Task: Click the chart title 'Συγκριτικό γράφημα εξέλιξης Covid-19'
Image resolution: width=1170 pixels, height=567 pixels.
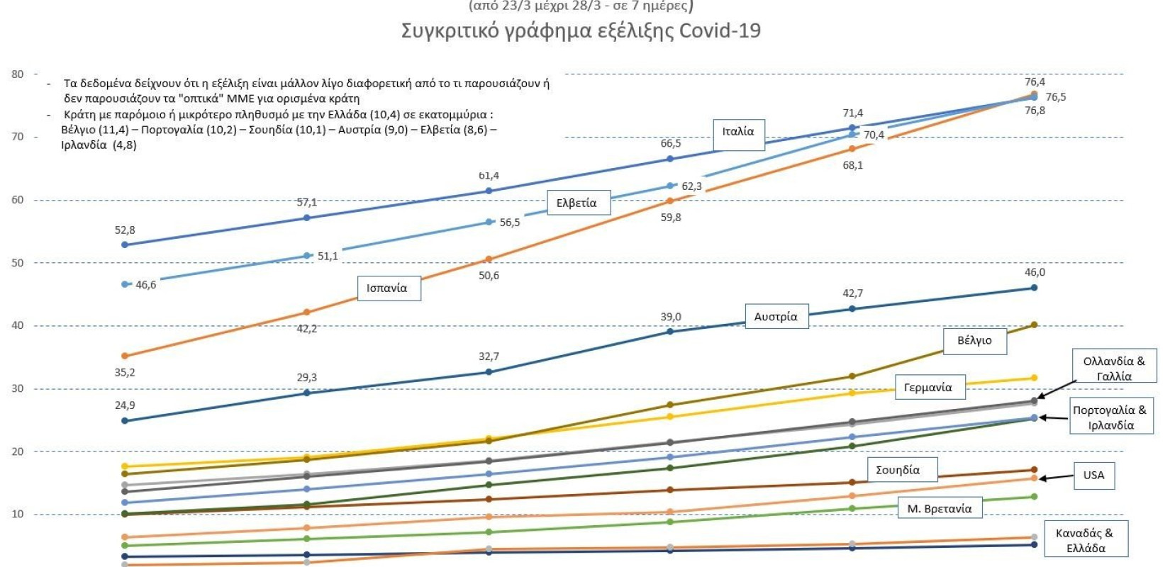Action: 581,31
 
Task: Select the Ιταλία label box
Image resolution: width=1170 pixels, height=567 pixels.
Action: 738,132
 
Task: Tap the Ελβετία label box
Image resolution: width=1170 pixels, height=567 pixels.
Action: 576,203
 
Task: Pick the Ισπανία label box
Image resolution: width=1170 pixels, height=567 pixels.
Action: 387,288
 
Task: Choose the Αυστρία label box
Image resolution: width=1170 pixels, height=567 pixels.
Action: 776,317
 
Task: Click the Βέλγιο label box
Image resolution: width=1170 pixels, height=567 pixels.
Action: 974,341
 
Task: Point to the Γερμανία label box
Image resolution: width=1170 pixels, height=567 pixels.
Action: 928,388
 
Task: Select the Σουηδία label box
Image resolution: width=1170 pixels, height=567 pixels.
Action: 898,470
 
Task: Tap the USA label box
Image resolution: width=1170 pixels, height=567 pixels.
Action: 1093,476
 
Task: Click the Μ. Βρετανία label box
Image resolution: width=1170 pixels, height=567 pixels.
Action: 940,509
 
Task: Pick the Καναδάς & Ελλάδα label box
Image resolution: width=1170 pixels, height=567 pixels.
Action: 1085,541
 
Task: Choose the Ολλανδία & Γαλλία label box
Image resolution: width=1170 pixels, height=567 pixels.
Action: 1114,369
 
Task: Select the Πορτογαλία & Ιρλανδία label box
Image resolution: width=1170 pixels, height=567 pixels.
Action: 1110,417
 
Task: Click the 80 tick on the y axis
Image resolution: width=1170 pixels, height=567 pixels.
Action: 18,74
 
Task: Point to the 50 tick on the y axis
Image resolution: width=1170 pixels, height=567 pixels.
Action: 18,263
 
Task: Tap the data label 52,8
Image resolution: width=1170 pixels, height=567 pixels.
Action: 125,230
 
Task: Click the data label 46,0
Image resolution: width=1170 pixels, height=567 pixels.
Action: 1035,272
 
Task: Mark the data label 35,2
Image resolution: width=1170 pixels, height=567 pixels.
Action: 125,372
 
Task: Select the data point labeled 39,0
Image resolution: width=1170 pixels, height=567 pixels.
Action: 670,332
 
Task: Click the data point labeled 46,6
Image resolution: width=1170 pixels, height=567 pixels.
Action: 126,284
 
